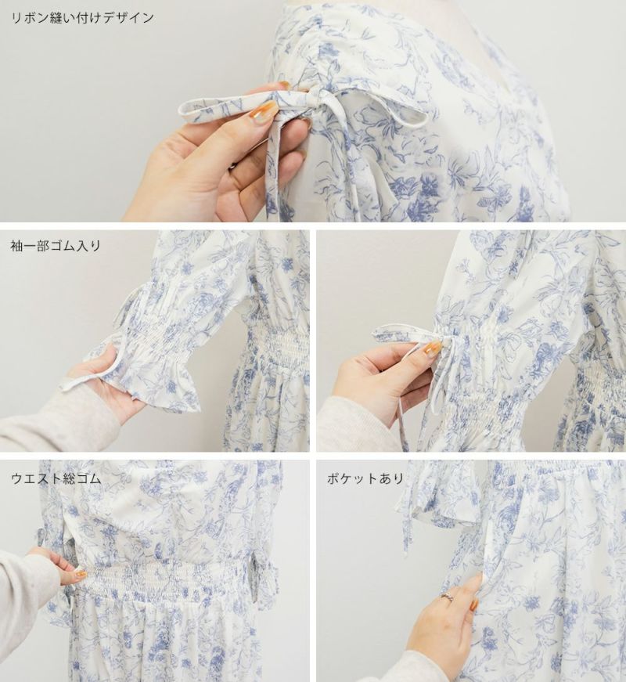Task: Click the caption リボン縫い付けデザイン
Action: tap(83, 18)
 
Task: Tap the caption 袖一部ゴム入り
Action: tap(56, 246)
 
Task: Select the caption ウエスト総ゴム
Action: tap(56, 478)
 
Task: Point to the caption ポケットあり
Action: tap(365, 478)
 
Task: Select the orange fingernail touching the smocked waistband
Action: tap(79, 575)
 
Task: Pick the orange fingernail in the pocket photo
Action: tap(475, 604)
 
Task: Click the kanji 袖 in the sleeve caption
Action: tap(17, 246)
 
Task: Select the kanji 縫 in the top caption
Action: tap(56, 18)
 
